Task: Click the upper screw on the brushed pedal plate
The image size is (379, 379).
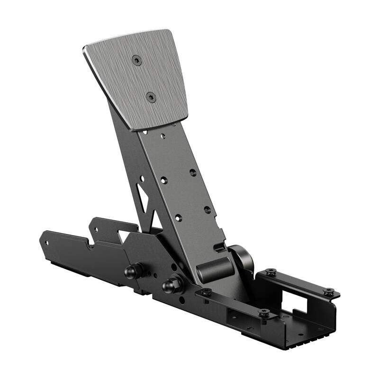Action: click(x=136, y=60)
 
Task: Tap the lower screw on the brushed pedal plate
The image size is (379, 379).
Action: click(x=151, y=97)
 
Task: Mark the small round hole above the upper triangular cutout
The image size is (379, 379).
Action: click(x=142, y=179)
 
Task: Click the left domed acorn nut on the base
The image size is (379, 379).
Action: click(x=131, y=271)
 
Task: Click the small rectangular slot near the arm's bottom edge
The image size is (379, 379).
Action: click(x=219, y=247)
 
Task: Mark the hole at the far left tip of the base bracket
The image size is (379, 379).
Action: click(x=46, y=243)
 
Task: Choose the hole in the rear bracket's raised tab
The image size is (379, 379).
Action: click(x=95, y=229)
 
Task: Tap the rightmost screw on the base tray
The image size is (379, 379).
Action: click(x=328, y=291)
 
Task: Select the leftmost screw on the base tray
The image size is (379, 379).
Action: click(x=206, y=292)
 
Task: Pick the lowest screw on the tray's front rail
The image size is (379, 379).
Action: click(x=264, y=313)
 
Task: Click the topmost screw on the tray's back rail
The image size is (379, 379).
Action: click(x=271, y=272)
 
